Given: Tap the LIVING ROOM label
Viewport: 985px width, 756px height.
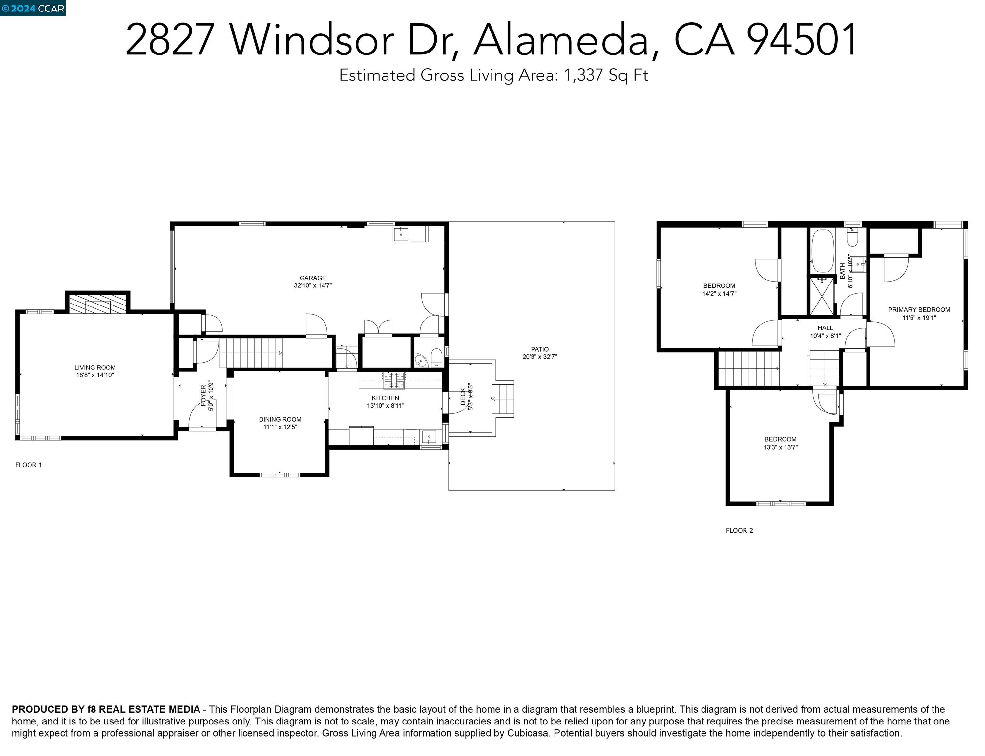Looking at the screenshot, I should (95, 367).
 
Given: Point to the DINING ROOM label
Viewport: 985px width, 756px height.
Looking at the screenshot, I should (280, 419).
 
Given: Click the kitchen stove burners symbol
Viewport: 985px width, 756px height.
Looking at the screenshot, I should (394, 380).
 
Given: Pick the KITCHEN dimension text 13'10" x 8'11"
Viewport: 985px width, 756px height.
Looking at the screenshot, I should (386, 406).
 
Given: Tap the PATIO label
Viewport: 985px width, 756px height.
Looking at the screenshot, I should (539, 349).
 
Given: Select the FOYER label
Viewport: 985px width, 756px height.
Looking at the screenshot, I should (203, 395).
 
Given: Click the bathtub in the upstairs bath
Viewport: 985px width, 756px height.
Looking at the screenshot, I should (823, 251).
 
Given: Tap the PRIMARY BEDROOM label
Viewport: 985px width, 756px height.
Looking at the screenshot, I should (919, 310).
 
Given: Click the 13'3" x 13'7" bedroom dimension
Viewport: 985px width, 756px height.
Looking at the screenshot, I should (780, 447).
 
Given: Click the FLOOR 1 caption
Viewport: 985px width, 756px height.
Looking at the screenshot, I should (29, 465).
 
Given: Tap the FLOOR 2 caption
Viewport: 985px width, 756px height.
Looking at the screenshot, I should (739, 531).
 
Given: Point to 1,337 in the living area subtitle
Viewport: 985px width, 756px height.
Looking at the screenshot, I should (583, 75).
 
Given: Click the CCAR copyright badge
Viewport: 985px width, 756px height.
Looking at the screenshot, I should (32, 8).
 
